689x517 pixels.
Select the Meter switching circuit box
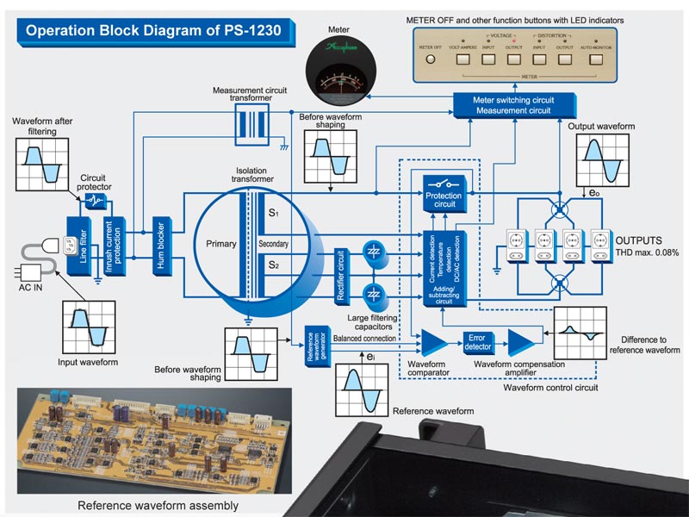pyautogui.click(x=512, y=104)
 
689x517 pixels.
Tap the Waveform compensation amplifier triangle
pyautogui.click(x=518, y=342)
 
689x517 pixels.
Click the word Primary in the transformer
pyautogui.click(x=220, y=244)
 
